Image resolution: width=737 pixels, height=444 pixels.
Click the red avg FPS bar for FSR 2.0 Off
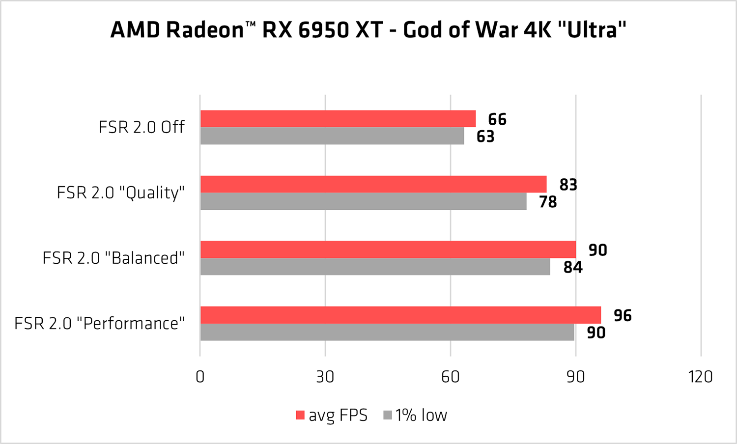pos(338,119)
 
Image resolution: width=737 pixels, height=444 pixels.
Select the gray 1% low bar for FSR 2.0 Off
pos(332,136)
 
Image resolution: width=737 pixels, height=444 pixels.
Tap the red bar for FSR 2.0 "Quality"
pos(373,184)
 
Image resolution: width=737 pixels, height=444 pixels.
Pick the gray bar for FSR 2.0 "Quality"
pos(364,201)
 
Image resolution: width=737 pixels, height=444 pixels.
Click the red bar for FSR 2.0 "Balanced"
pos(388,250)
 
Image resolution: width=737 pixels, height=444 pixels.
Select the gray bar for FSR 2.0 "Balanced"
pos(375,267)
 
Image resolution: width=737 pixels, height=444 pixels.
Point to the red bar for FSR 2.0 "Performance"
pos(400,315)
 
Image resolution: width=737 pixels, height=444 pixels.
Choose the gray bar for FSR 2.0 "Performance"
pos(387,332)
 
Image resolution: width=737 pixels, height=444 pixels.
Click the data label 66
pos(497,119)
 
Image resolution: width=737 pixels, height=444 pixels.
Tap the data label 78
pos(548,202)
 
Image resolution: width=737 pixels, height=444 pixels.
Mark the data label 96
pos(623,315)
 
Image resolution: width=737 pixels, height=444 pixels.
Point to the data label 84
pos(573,267)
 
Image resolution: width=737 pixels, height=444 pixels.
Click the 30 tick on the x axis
pos(325,377)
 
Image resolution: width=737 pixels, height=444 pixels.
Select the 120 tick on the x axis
pos(700,377)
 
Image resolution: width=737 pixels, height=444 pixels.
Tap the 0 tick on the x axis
pos(200,377)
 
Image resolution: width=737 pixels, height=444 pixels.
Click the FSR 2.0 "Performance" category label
pos(100,323)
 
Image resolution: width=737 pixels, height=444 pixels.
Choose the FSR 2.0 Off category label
pos(142,127)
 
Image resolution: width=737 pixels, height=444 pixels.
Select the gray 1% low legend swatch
pos(388,416)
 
